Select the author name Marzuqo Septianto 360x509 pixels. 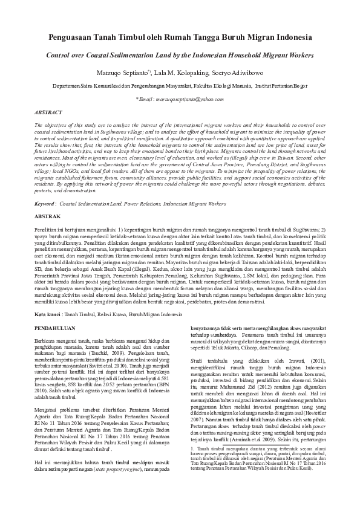coord(137,71)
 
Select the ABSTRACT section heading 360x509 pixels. coord(48,112)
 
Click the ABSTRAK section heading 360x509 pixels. coord(47,216)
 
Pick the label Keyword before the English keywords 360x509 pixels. coord(45,204)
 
